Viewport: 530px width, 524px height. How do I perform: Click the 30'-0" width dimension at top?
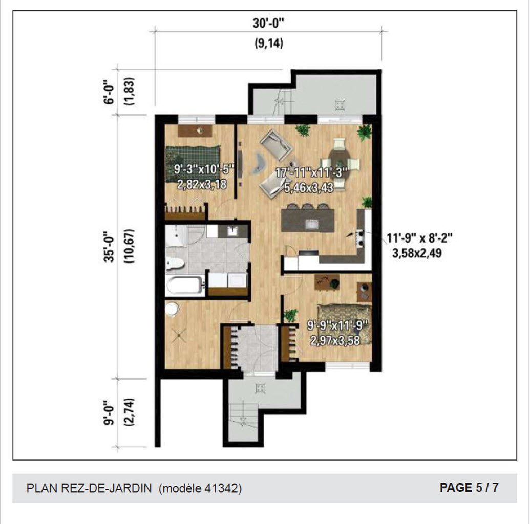(268, 23)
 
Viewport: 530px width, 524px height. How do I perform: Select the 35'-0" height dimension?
(111, 247)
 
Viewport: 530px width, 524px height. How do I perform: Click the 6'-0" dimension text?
(111, 92)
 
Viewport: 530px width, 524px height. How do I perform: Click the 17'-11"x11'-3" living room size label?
(312, 173)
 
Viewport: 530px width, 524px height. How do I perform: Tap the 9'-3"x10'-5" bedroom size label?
(204, 169)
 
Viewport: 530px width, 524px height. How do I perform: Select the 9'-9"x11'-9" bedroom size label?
(337, 325)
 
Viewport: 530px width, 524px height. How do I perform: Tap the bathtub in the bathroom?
(185, 286)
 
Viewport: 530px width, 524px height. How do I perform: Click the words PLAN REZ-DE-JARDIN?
(89, 488)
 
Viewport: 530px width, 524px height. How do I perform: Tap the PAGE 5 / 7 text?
(469, 487)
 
